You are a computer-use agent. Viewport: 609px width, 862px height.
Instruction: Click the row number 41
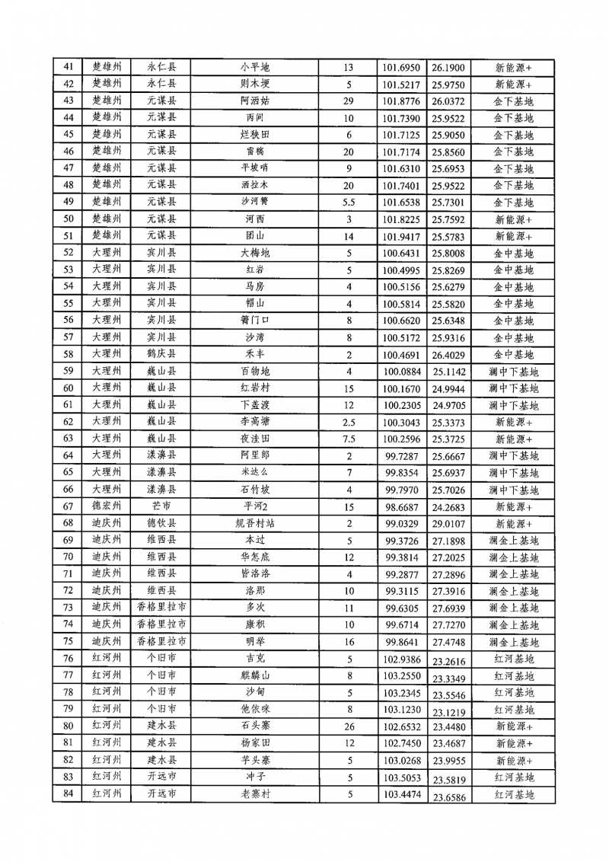(69, 68)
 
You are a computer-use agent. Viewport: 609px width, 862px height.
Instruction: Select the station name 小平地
(254, 68)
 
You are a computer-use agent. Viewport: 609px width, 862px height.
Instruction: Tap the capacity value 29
(349, 101)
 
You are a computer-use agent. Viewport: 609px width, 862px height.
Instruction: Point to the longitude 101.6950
(401, 68)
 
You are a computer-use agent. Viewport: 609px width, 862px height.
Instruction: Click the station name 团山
(254, 236)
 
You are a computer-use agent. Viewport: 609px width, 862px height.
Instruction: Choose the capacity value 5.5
(349, 203)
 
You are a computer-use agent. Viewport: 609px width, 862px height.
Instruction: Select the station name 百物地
(254, 372)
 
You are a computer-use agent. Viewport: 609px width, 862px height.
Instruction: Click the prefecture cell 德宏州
(107, 506)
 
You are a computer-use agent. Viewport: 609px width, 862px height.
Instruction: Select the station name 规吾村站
(254, 523)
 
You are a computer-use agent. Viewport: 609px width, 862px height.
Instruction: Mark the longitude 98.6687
(401, 506)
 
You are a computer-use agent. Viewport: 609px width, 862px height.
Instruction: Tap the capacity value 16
(349, 641)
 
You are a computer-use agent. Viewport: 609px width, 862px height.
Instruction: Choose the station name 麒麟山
(254, 675)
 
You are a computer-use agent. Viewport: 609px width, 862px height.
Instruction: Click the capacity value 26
(349, 726)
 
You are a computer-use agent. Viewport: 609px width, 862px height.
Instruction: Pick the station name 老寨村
(254, 794)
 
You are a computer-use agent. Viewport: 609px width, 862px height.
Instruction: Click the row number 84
(69, 794)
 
